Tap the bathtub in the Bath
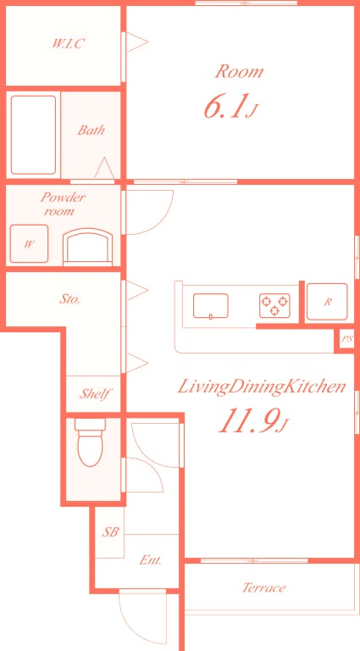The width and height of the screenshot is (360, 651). point(33,135)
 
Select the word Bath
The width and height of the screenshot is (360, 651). point(91,131)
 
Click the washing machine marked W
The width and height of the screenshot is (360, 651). point(29,244)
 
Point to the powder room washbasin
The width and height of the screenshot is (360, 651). point(87,247)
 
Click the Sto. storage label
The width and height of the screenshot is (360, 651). point(69,299)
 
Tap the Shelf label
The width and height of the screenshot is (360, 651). point(95,393)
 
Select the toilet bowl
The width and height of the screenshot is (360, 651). point(90,442)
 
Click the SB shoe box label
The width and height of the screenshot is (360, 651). point(111,531)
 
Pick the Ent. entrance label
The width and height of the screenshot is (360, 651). point(150,560)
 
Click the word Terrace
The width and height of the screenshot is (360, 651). point(263,587)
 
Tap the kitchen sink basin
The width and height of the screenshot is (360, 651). point(211,306)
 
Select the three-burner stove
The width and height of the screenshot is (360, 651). point(274,305)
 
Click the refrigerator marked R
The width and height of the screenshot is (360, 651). point(327,302)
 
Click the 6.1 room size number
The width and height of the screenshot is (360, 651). point(224,107)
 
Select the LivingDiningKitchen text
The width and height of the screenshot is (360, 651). point(262,387)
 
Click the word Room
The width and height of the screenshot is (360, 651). point(240,72)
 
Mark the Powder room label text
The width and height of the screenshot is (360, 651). point(62,203)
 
